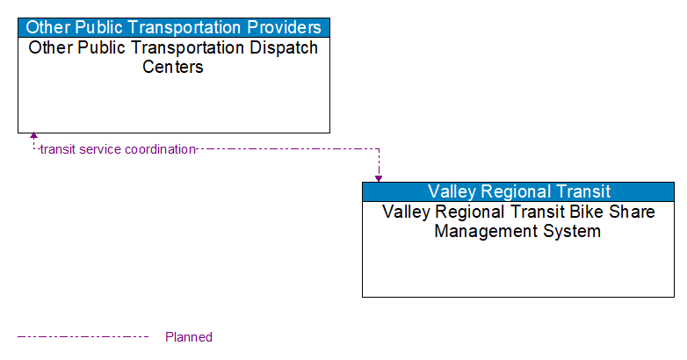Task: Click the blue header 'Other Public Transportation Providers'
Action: pyautogui.click(x=174, y=27)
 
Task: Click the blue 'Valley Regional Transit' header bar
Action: pyautogui.click(x=518, y=191)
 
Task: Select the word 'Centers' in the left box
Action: pyautogui.click(x=173, y=67)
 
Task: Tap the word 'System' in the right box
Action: pyautogui.click(x=572, y=231)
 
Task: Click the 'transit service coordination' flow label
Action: pyautogui.click(x=118, y=149)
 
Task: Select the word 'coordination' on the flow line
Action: pyautogui.click(x=160, y=149)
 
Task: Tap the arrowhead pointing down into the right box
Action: pyautogui.click(x=379, y=177)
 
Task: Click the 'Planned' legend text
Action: pyautogui.click(x=188, y=336)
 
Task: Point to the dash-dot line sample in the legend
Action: pyautogui.click(x=83, y=336)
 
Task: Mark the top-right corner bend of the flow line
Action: pyautogui.click(x=379, y=149)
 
